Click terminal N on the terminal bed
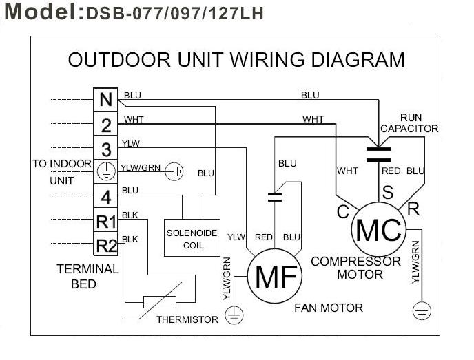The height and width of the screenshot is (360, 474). coord(105,100)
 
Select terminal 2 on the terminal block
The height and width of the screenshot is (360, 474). coord(105,125)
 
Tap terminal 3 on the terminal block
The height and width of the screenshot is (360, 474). coord(105,149)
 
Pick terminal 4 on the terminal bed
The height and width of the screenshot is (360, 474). coord(105,197)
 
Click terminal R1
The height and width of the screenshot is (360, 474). coord(105,221)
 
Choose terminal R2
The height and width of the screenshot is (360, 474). coord(105,244)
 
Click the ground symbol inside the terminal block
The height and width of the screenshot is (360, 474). coord(105,171)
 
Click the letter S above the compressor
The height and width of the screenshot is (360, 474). coord(388,193)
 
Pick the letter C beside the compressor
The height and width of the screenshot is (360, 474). coord(343,213)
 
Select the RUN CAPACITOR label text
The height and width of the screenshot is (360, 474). coord(409,123)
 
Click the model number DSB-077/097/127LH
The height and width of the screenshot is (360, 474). coord(175,13)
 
